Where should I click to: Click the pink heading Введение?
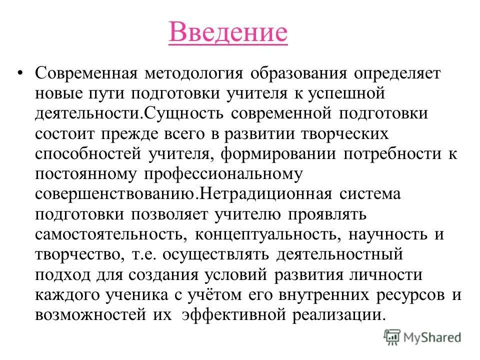(228, 32)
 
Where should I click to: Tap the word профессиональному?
(224, 174)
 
